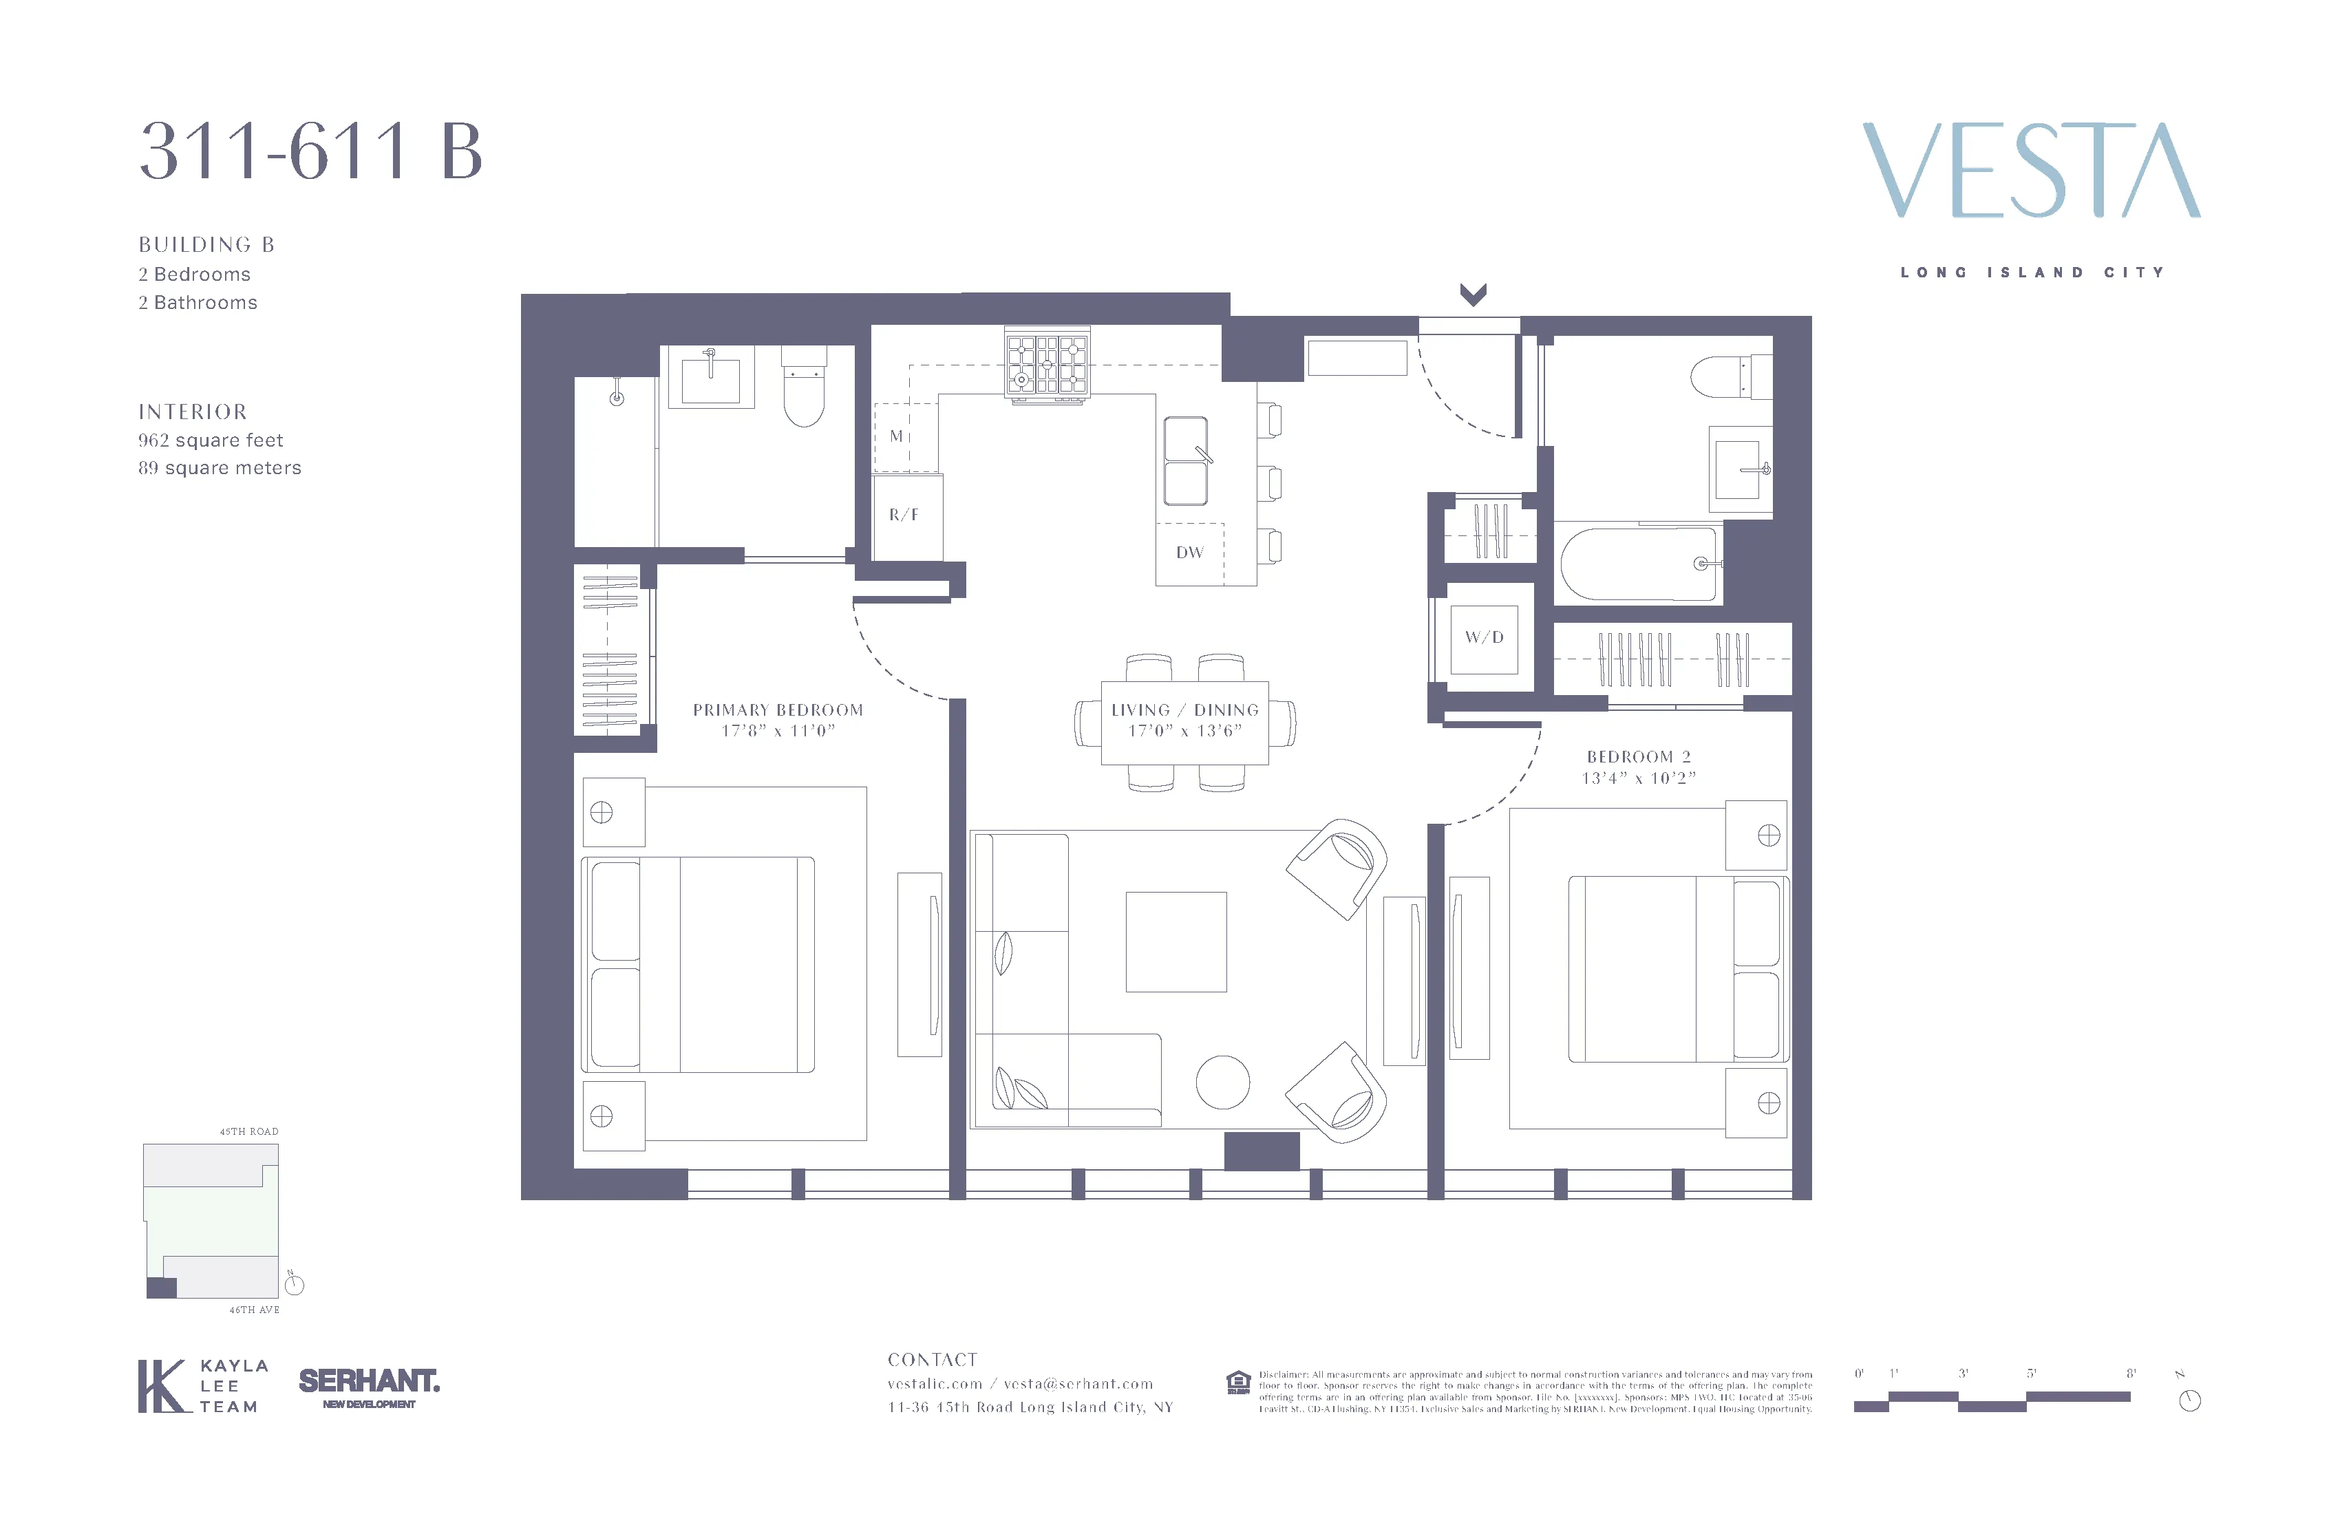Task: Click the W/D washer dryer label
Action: (x=1484, y=637)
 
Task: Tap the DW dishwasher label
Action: (x=1190, y=553)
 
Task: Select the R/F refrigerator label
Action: (x=904, y=514)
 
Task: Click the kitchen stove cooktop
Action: (x=1047, y=364)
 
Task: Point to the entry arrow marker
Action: (x=1472, y=294)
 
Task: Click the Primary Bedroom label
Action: (x=778, y=710)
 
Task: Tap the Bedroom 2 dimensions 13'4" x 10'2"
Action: (x=1638, y=778)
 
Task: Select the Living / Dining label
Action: (x=1184, y=710)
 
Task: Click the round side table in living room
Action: (x=1222, y=1083)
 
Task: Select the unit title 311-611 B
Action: (x=310, y=152)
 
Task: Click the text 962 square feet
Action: (x=211, y=440)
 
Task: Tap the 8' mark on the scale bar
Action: (x=2131, y=1374)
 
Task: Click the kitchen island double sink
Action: (x=1186, y=461)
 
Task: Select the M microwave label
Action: (x=895, y=436)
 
